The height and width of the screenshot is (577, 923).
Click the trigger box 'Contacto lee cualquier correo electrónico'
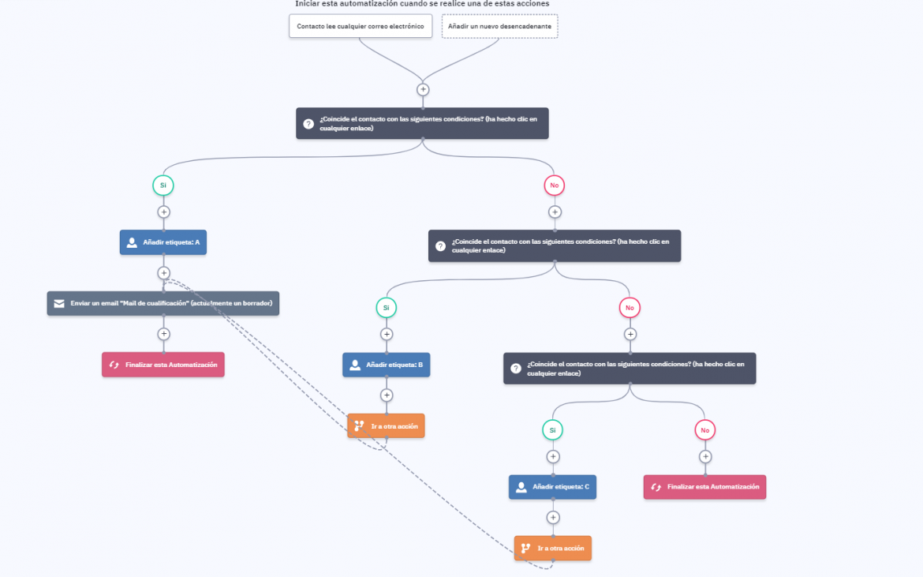tap(361, 26)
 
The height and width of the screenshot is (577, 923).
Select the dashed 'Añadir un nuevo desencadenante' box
tap(500, 26)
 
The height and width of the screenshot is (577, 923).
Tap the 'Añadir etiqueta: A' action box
tap(163, 242)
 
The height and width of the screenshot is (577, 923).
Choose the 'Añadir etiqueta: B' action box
tap(386, 365)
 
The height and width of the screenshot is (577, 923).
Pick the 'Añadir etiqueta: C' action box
tap(552, 487)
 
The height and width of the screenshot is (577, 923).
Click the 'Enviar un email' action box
tap(163, 303)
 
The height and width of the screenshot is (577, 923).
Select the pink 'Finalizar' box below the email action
tap(163, 365)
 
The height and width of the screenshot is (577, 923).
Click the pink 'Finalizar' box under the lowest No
tap(704, 487)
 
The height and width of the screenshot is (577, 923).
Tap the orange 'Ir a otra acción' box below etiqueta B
tap(386, 425)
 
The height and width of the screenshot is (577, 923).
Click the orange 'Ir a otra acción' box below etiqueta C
tap(553, 548)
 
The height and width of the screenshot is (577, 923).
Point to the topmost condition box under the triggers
tap(422, 123)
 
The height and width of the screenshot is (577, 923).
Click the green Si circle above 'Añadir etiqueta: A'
tap(163, 185)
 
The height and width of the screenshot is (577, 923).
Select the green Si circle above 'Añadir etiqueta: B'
tap(386, 307)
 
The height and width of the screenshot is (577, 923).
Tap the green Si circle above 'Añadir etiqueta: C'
tap(552, 430)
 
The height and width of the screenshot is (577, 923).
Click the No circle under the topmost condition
tap(554, 185)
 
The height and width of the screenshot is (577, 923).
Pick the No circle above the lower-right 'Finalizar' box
tap(704, 430)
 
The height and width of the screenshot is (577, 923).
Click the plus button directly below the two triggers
tap(423, 89)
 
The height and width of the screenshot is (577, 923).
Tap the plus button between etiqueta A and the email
tap(163, 272)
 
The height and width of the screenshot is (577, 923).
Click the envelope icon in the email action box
tap(59, 303)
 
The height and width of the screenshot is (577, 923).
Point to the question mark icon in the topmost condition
tap(308, 124)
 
